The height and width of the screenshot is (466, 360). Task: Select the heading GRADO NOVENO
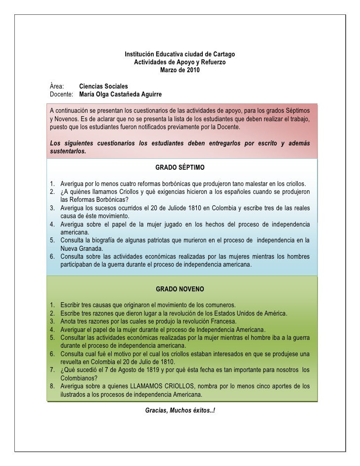[x=180, y=288]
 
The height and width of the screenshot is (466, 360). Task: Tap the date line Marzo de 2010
[x=180, y=70]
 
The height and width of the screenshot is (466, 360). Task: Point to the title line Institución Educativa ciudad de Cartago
[x=180, y=53]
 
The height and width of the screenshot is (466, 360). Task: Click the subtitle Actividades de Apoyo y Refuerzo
[x=180, y=62]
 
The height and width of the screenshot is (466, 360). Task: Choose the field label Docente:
[x=62, y=94]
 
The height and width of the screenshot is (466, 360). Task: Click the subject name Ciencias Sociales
[x=103, y=86]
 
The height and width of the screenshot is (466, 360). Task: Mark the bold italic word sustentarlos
[x=68, y=151]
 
